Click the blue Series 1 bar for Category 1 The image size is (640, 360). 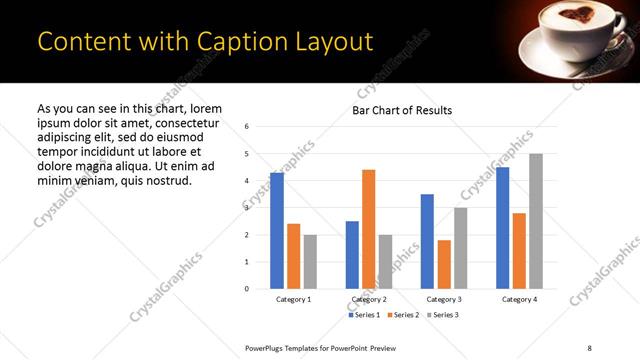click(277, 231)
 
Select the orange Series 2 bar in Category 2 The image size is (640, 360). click(368, 229)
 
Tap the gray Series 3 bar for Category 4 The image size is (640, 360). click(536, 221)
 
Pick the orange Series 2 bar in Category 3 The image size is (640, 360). click(444, 264)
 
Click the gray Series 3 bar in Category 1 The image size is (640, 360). click(310, 262)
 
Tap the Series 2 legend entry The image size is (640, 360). click(404, 315)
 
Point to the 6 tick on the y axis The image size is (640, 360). click(247, 126)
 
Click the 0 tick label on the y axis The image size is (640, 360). click(247, 289)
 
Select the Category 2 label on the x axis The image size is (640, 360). click(370, 299)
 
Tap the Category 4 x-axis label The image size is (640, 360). click(519, 299)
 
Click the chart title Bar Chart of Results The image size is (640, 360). click(402, 110)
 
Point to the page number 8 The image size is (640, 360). click(589, 347)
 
